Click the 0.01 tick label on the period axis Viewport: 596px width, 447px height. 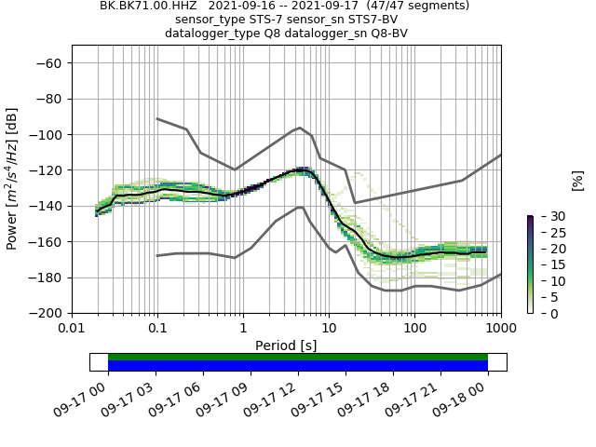[x=72, y=329]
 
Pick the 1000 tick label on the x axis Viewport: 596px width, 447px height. [x=501, y=329]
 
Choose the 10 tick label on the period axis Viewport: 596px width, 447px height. [x=329, y=329]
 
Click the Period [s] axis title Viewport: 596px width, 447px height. [x=286, y=345]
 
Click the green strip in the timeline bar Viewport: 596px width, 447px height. [x=298, y=357]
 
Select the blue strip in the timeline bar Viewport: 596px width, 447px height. [x=298, y=366]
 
